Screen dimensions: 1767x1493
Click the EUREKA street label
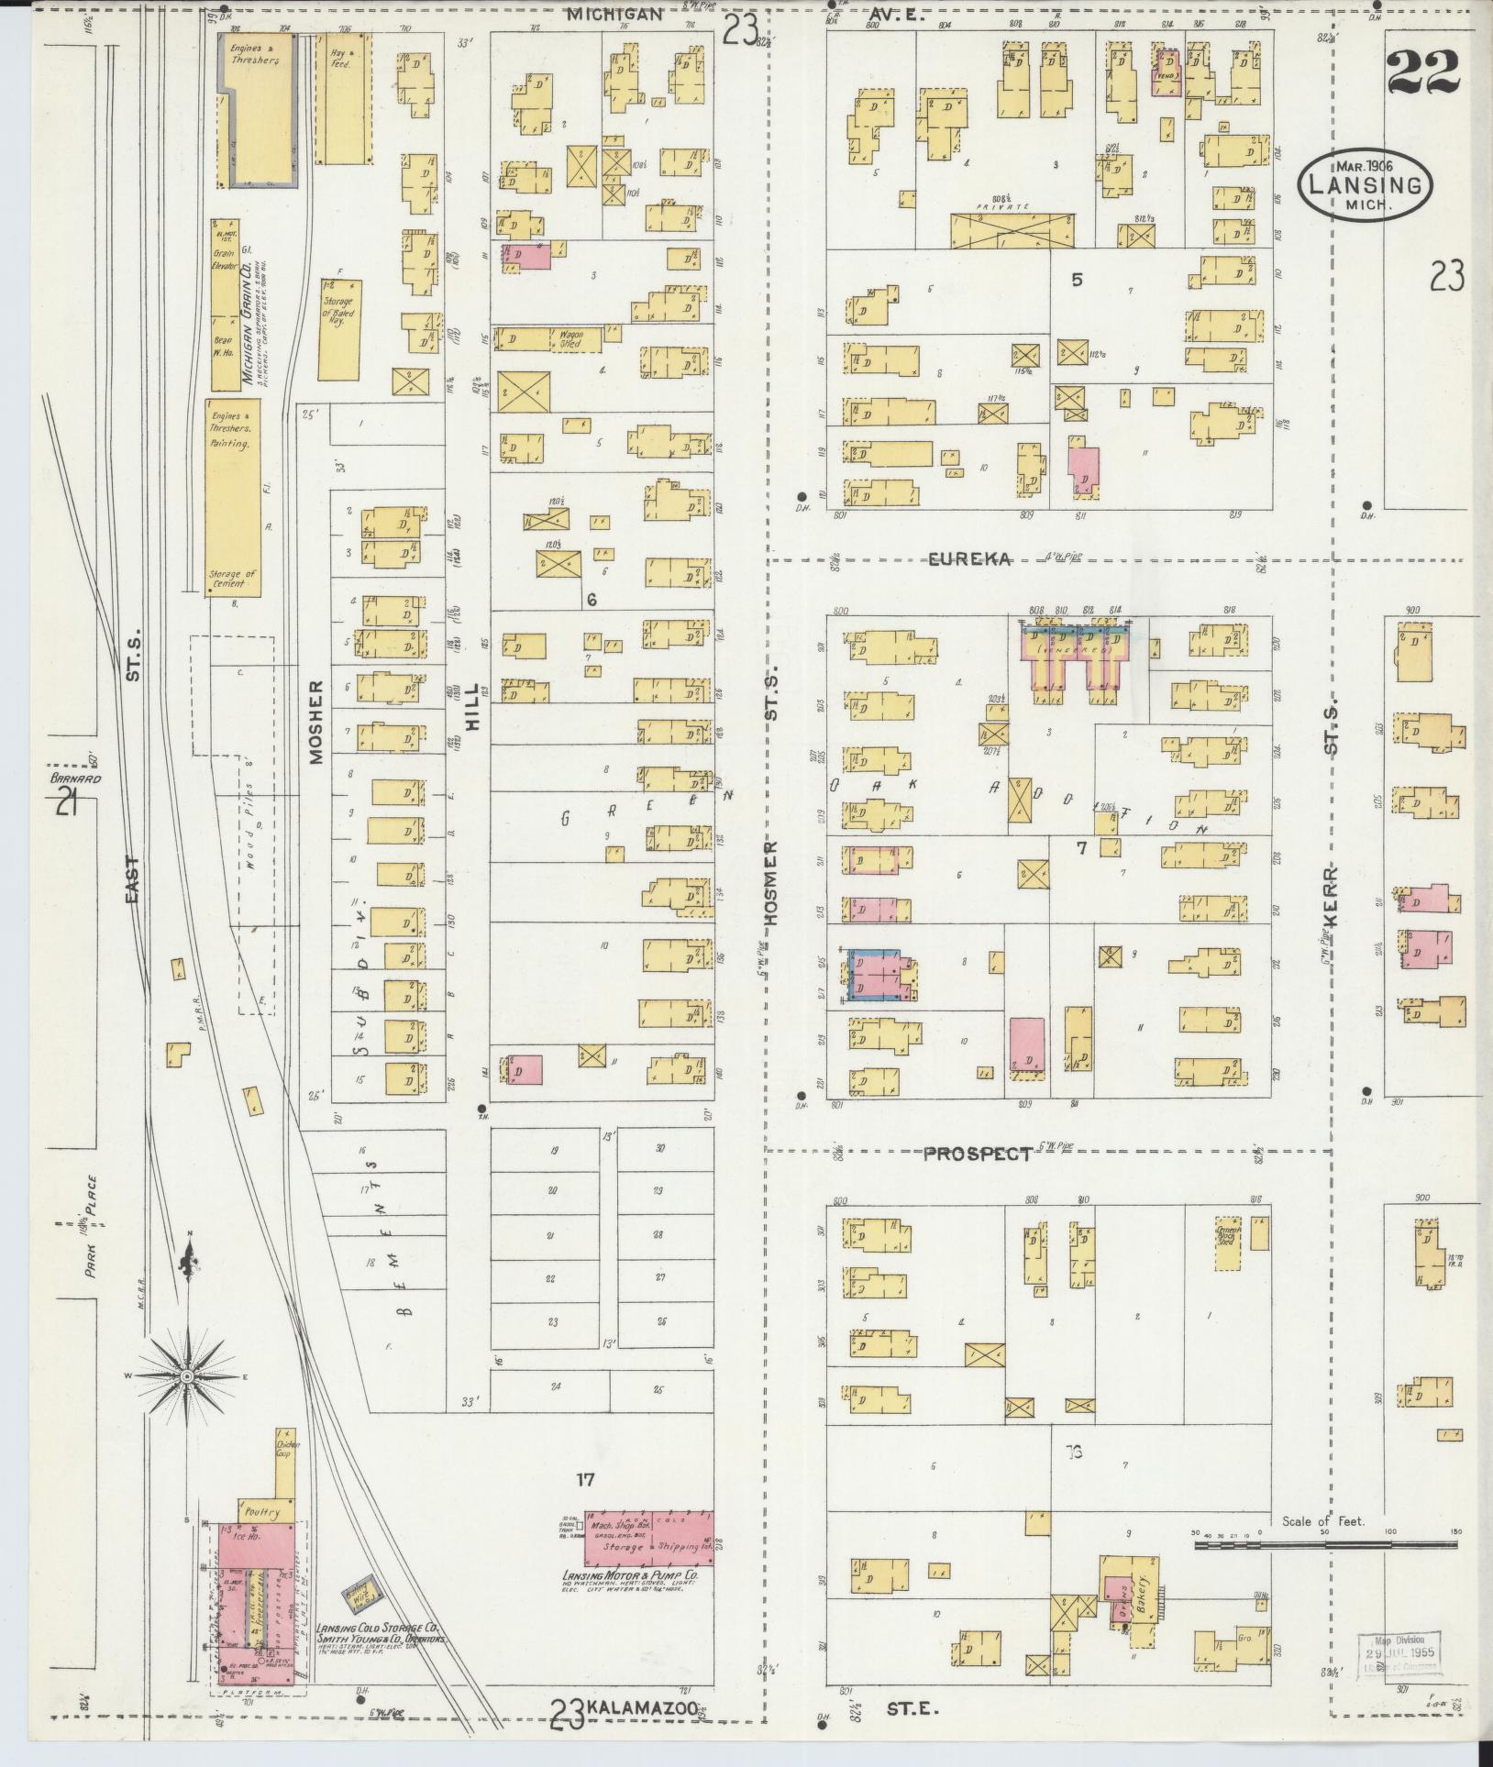click(969, 559)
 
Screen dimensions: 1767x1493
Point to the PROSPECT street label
click(977, 1154)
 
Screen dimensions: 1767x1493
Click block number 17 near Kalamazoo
click(586, 1479)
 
